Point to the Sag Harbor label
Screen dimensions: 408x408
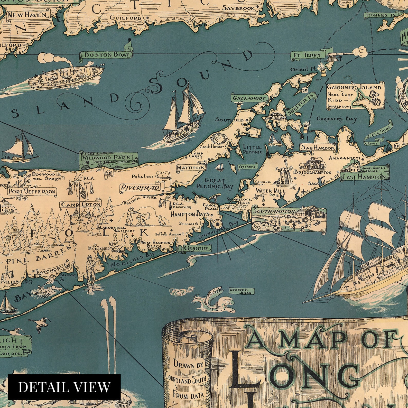coord(318,148)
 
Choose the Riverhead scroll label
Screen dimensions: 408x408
coord(140,188)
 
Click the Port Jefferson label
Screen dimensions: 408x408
coord(32,191)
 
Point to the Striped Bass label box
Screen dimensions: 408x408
coord(242,291)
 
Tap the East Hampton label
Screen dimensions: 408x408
coord(365,177)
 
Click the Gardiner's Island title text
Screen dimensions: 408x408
coord(354,87)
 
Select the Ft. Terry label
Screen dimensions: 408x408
coord(309,55)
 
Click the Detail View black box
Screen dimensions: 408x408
coord(64,387)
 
